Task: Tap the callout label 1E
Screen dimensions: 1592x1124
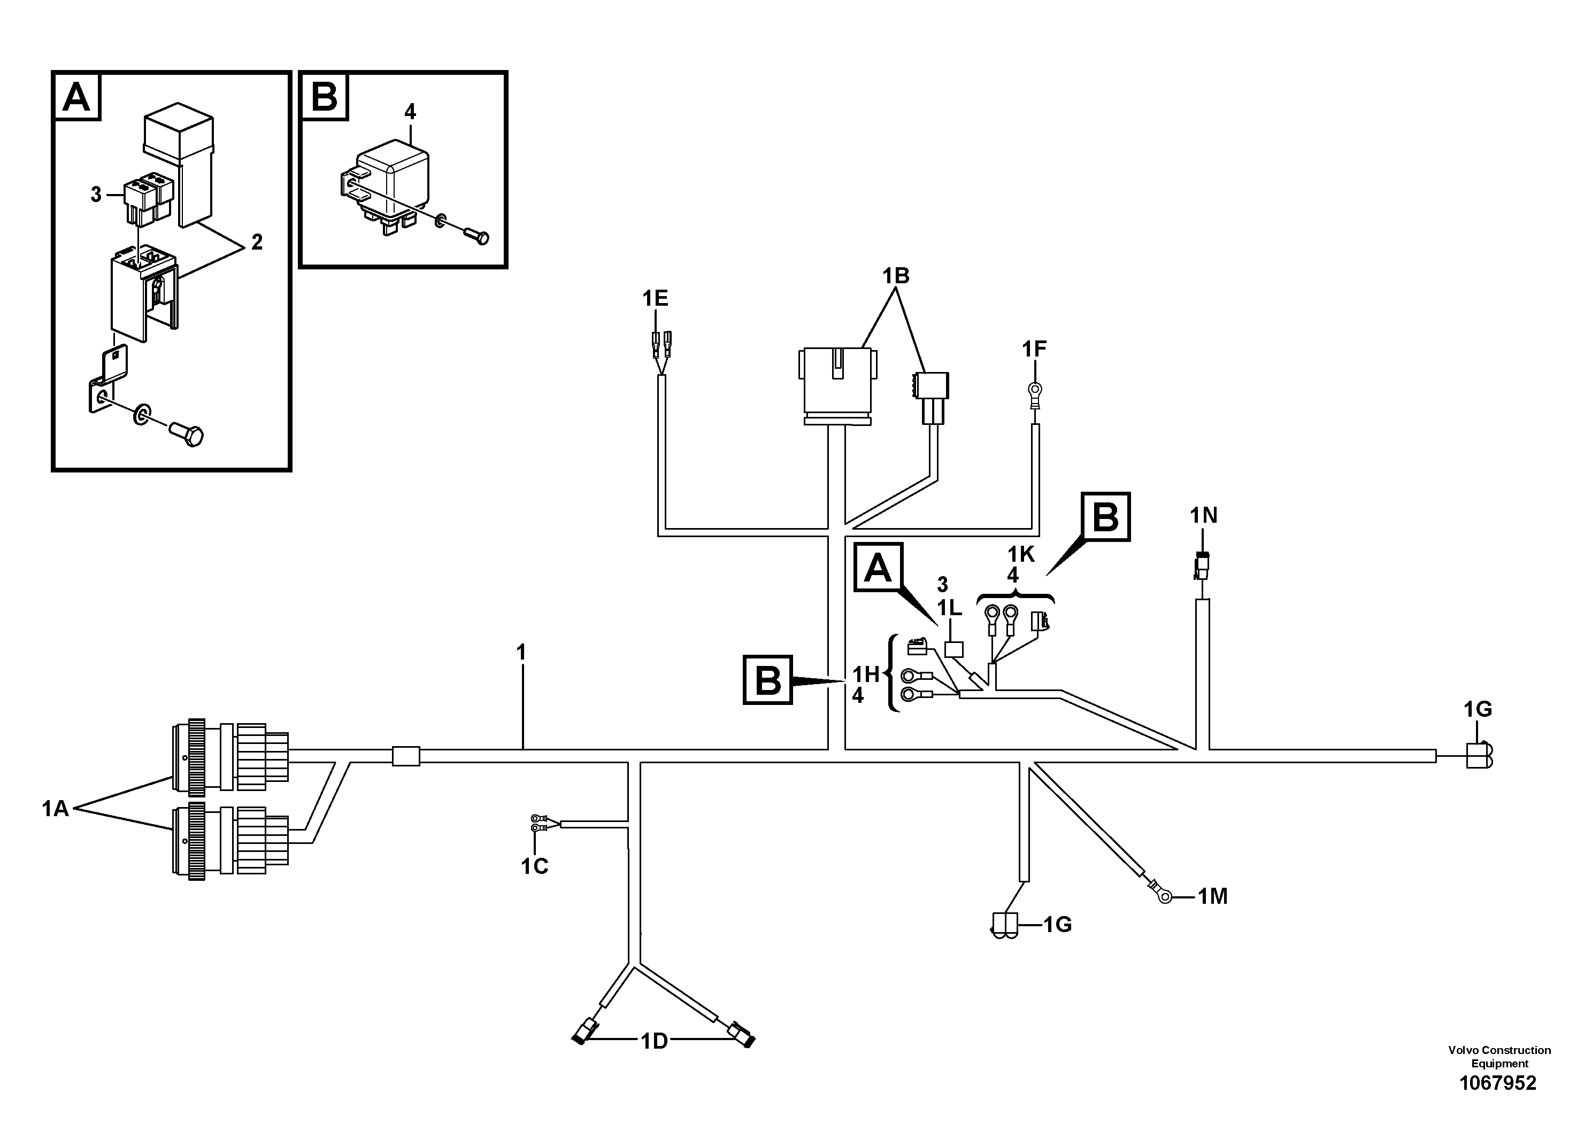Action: pos(655,299)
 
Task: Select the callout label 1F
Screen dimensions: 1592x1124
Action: pos(1034,349)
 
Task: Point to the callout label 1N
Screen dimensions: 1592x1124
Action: pos(1204,516)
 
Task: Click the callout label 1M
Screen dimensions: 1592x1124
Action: pos(1213,897)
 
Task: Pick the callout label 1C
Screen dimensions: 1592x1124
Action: pos(535,866)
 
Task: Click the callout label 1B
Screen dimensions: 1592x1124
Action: pos(895,276)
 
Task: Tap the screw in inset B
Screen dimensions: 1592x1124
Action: pos(478,236)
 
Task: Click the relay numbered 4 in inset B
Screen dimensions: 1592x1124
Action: pos(385,185)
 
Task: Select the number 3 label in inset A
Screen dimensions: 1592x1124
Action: pos(96,195)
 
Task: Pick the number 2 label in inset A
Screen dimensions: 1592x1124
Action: pos(257,243)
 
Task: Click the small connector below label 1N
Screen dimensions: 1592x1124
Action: pos(1202,565)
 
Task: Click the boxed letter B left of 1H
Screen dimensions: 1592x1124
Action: pos(767,680)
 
